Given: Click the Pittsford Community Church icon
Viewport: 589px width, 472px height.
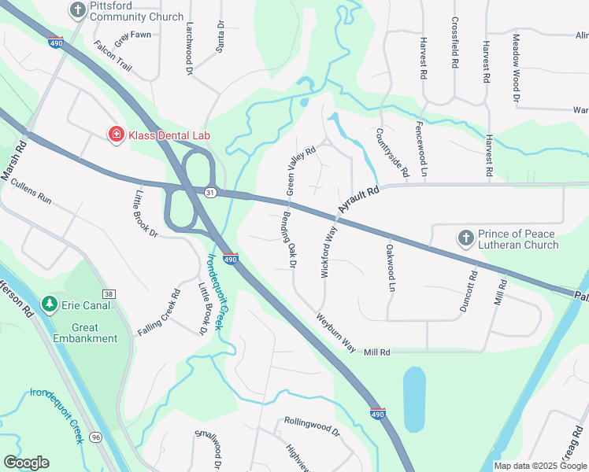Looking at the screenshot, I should pyautogui.click(x=78, y=9).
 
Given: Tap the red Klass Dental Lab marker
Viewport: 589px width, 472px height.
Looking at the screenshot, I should pyautogui.click(x=117, y=135).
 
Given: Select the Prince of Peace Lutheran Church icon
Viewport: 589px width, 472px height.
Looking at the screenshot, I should pyautogui.click(x=466, y=238).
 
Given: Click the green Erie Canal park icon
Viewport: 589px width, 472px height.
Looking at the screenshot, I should pyautogui.click(x=49, y=304).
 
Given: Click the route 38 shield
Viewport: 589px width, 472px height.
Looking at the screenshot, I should pyautogui.click(x=109, y=294).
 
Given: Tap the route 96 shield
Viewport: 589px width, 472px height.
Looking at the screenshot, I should pyautogui.click(x=96, y=437).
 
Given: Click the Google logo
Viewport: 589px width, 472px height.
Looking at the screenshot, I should pyautogui.click(x=26, y=463).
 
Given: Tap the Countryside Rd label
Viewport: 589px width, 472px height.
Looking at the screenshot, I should pyautogui.click(x=392, y=152).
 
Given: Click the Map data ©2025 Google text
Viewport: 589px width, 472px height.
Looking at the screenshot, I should pyautogui.click(x=540, y=466).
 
